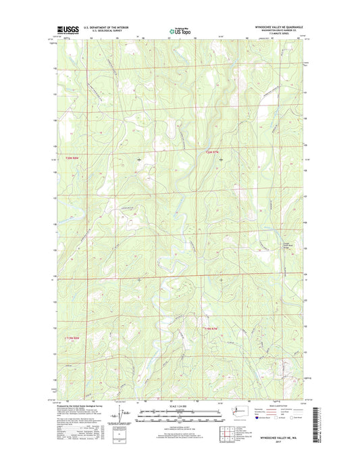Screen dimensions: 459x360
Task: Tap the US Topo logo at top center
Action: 180,30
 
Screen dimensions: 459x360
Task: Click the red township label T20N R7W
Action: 212,152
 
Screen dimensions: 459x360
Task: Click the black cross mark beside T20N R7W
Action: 222,159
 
